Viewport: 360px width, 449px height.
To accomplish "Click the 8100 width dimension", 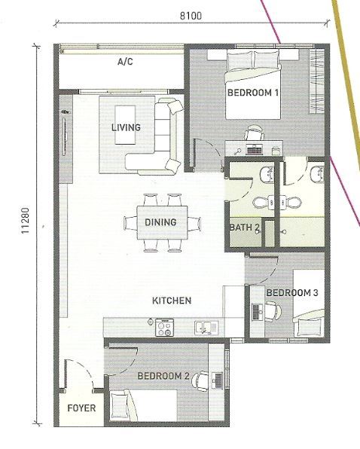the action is coord(191,16).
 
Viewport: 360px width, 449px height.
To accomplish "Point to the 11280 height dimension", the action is coord(25,220).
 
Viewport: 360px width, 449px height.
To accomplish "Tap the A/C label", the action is coord(125,62).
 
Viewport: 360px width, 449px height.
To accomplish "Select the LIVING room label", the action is coord(126,127).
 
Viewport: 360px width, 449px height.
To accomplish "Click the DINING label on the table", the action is coord(160,222).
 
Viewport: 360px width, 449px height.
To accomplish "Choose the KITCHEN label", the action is coord(172,301).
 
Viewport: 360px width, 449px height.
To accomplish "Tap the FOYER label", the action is coord(81,408).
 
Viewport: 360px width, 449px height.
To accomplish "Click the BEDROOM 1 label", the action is coord(253,93).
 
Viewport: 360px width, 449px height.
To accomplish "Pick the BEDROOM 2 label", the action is coord(163,376).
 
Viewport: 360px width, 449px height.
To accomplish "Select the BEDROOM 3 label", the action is coord(292,293).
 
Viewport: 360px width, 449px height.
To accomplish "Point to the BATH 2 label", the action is coord(245,228).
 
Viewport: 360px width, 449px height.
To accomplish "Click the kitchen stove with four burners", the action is coord(164,327).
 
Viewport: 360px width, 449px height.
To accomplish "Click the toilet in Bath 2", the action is coord(261,203).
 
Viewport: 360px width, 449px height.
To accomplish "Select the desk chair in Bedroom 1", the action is coord(255,133).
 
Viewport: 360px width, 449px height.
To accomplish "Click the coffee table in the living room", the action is coord(125,125).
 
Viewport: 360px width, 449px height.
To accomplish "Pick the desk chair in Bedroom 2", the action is coord(200,381).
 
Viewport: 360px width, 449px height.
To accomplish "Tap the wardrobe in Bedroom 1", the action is coord(317,81).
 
